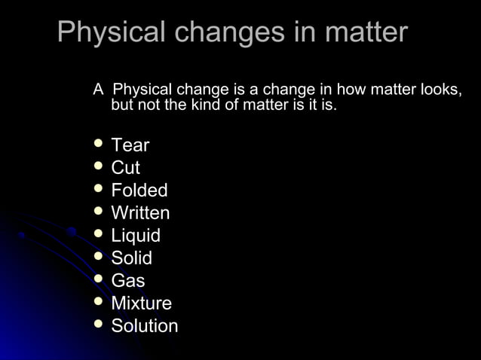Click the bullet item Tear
130,145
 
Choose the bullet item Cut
125,168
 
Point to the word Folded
139,191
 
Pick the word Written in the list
140,213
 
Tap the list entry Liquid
136,236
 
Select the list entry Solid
132,258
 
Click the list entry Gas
128,281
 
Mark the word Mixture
142,304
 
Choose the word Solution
145,326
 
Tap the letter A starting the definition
97,90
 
